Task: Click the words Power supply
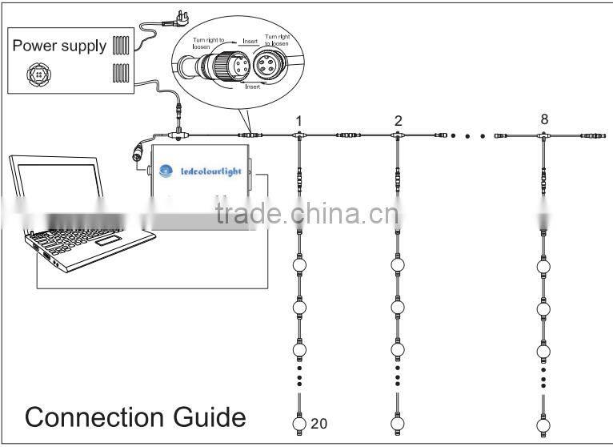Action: (x=59, y=46)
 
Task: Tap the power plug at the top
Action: (x=172, y=14)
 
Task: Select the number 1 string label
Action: (x=298, y=121)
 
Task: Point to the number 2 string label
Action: (x=398, y=121)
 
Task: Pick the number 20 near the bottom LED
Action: (x=319, y=421)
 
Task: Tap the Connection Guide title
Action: (x=135, y=417)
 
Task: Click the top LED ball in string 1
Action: (x=299, y=264)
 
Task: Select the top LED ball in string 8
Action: (x=543, y=264)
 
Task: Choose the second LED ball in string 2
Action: (x=398, y=307)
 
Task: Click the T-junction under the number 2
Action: (x=398, y=138)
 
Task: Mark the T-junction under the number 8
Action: (x=544, y=138)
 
